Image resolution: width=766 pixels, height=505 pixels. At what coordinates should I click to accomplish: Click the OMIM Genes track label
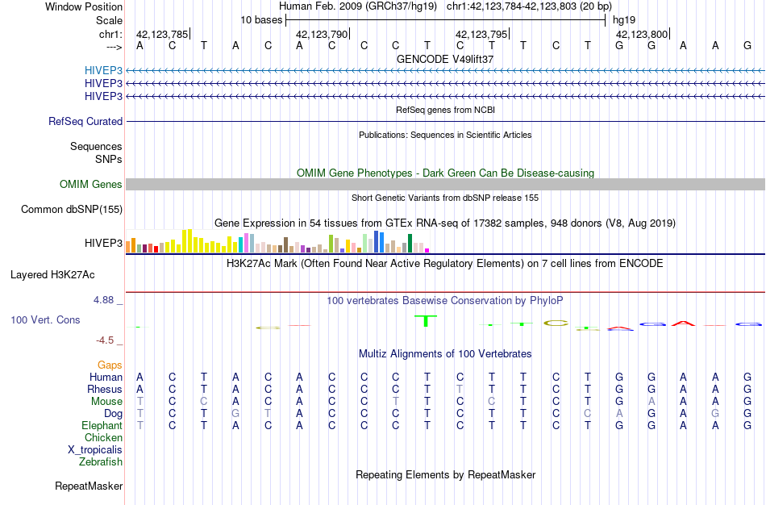[x=91, y=184]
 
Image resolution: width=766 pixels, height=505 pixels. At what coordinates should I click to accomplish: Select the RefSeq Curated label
[x=85, y=121]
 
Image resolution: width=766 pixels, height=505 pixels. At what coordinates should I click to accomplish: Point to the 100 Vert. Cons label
[x=45, y=319]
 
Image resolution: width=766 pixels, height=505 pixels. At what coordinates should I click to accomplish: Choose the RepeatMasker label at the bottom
[x=89, y=486]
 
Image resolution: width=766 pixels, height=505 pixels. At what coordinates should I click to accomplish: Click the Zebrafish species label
[x=101, y=461]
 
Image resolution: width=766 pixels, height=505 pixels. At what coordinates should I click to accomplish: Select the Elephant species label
[x=102, y=425]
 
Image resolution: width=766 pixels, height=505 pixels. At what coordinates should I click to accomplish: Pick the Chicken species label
[x=103, y=437]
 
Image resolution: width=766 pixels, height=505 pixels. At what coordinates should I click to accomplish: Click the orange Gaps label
[x=110, y=365]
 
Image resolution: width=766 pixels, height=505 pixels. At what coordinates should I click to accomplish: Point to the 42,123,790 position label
[x=322, y=34]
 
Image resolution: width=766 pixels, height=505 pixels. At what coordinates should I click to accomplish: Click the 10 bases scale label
[x=260, y=19]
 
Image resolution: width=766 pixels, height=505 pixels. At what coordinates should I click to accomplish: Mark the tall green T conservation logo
[x=427, y=320]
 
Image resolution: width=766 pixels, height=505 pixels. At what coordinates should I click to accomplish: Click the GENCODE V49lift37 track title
[x=445, y=59]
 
